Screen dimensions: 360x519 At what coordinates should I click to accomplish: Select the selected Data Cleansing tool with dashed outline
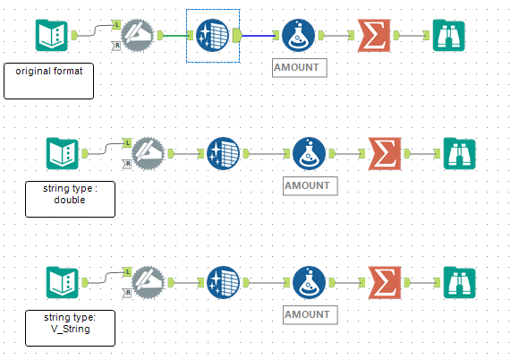213,36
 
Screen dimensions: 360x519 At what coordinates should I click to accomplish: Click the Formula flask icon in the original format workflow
299,36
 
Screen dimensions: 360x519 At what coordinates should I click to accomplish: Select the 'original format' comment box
48,80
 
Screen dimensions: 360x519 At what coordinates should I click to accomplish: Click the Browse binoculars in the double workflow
459,153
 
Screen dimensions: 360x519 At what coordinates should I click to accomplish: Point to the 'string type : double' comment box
70,198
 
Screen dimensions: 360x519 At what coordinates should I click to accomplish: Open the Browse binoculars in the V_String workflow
459,282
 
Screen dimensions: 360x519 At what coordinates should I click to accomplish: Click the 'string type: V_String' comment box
70,327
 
